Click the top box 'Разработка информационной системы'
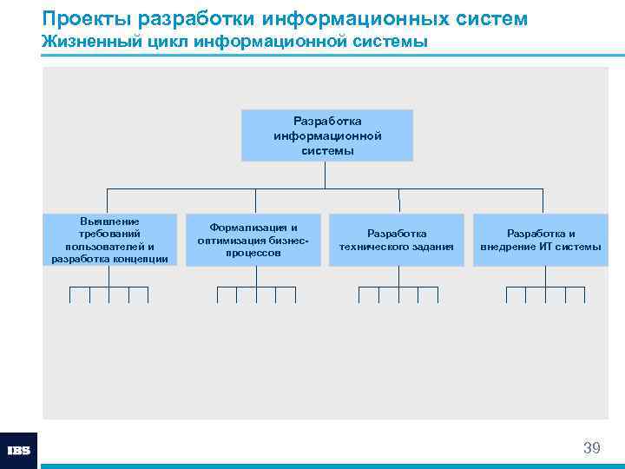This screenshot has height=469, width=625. point(327,135)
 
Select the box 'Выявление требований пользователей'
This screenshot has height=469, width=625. point(109,240)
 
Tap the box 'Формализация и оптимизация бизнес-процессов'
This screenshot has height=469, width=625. point(253,240)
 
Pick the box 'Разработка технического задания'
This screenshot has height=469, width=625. point(397,240)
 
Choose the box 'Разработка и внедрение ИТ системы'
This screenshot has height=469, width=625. point(541,240)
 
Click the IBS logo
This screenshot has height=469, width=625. point(18,451)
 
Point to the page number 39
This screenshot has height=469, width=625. point(591,448)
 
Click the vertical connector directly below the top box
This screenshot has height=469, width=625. point(325,175)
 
